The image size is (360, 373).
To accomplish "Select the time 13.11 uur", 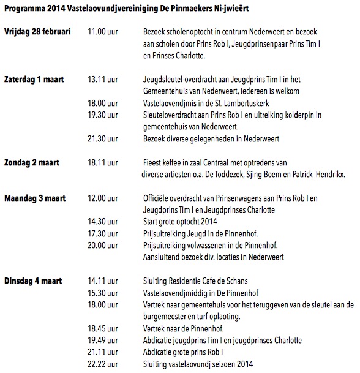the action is tap(105, 80).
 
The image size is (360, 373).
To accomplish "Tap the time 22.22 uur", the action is tap(105, 364).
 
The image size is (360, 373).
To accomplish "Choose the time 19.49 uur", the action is tap(105, 341).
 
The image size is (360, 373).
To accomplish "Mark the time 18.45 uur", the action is tap(105, 329).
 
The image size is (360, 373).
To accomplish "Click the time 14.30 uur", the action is tap(105, 222).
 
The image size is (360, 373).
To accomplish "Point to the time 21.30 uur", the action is tap(105, 139).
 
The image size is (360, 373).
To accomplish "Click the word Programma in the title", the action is tap(24, 8).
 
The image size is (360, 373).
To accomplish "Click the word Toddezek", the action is tap(233, 174).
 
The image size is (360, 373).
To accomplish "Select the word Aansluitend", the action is tap(162, 257).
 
